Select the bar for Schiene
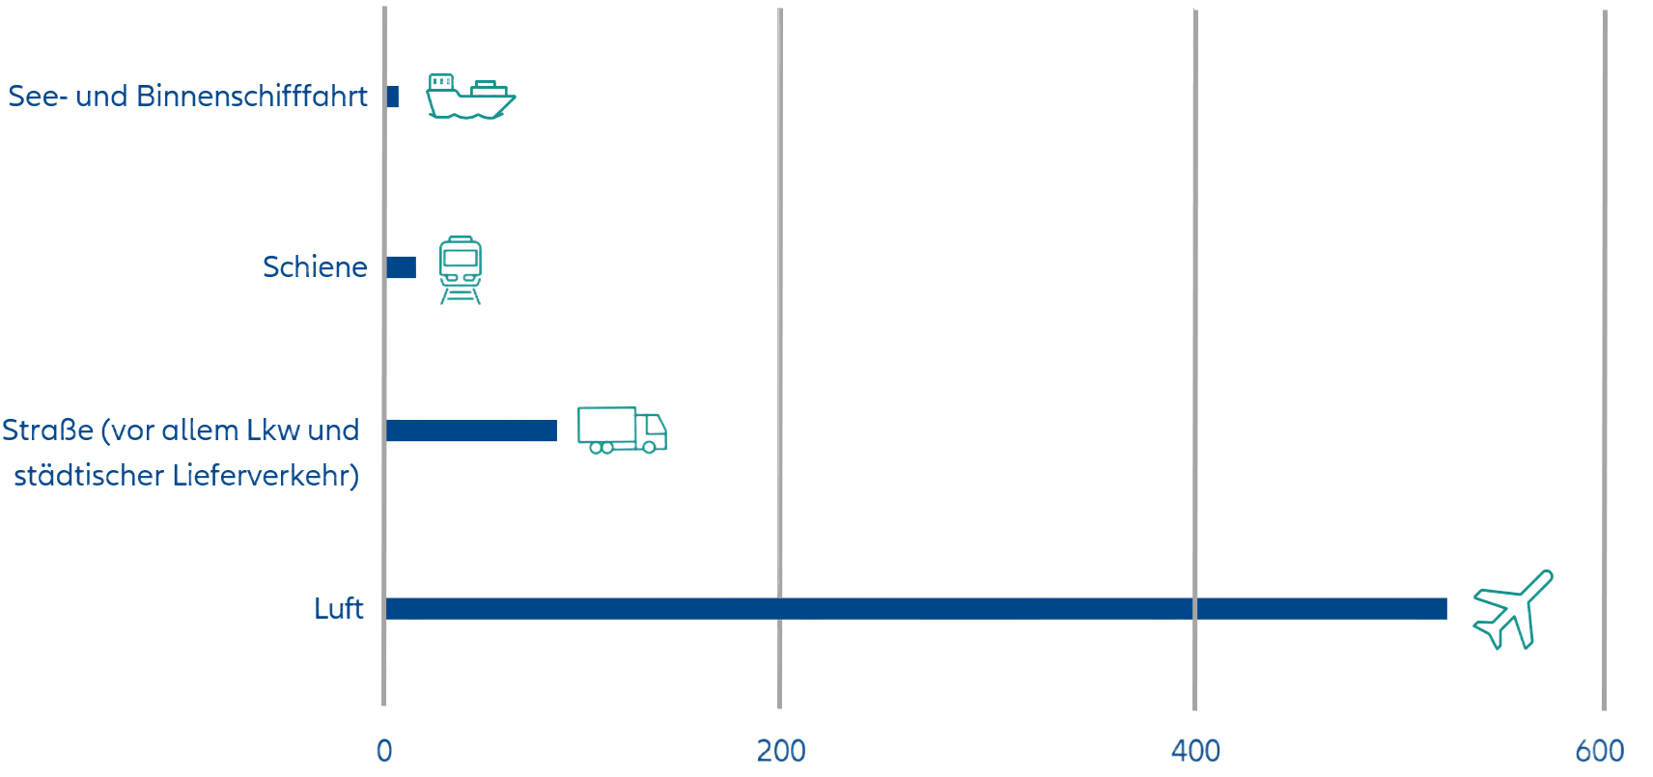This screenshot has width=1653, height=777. pos(401,267)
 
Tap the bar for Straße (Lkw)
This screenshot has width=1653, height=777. pos(471,430)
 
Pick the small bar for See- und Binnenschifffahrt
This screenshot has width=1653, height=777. pos(392,97)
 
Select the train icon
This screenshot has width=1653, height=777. pos(461,268)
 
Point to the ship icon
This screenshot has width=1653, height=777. pos(470,96)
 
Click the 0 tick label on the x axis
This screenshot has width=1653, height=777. pos(384,751)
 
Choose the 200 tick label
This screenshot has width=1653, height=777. pos(781,751)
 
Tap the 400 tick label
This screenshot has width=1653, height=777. pos(1195,751)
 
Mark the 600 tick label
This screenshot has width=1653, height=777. pos(1600,751)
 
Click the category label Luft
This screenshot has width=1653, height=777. pos(339,608)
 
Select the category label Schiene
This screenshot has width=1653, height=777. pos(315,266)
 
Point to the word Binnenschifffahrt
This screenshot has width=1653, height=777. pos(253,97)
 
